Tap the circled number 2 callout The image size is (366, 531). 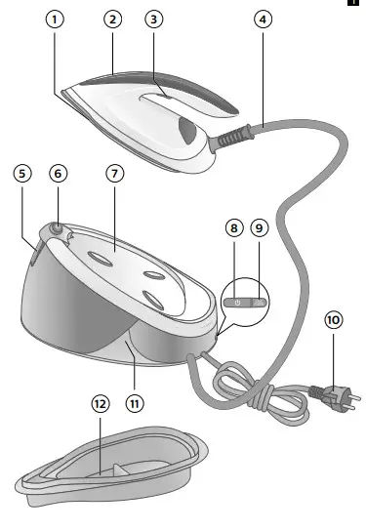point(114,20)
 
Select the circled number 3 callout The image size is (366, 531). point(153,20)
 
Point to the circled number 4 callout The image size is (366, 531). point(262,20)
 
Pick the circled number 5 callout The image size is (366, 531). point(22,173)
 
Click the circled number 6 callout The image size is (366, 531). point(60,173)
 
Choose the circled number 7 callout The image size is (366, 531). point(115,173)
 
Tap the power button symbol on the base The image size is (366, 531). point(236,303)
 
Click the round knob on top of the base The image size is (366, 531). point(58,229)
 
